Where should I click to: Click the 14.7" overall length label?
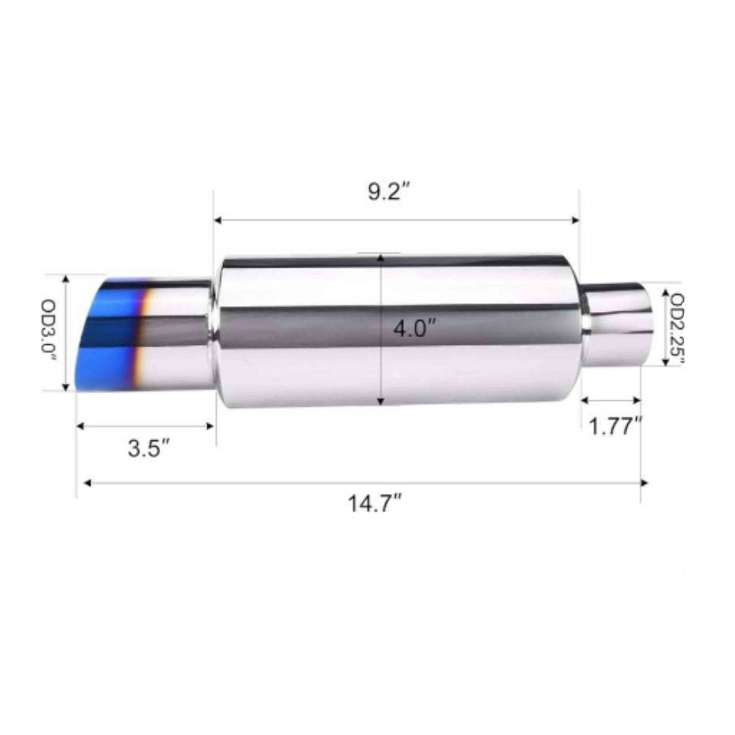tap(375, 504)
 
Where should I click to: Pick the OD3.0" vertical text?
tap(49, 331)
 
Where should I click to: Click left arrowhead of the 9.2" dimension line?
tap(218, 220)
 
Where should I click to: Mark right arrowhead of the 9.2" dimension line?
tap(576, 220)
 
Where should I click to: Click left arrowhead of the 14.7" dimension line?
tap(88, 483)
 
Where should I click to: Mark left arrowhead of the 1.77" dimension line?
tap(585, 400)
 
